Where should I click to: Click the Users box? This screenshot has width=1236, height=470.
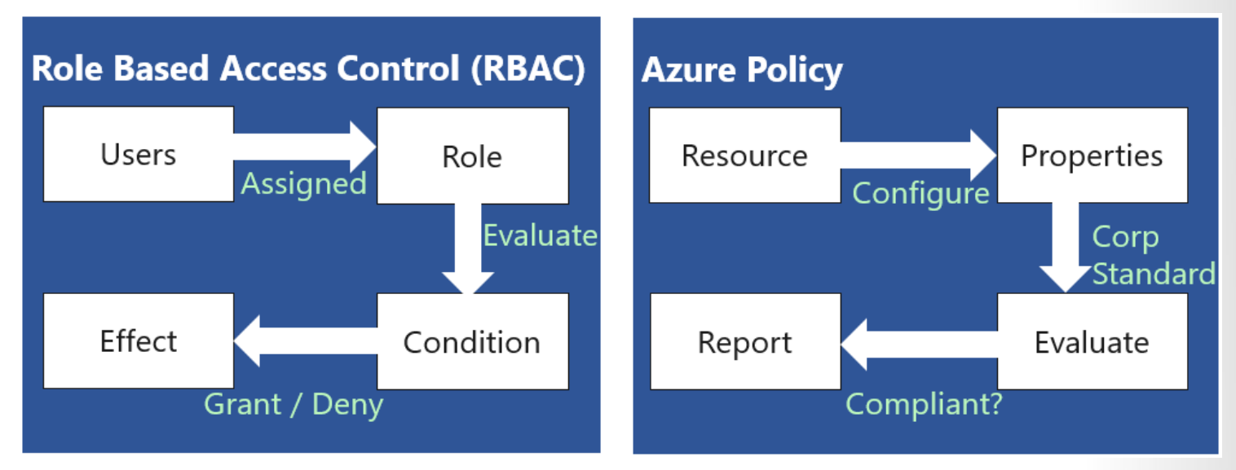[138, 155]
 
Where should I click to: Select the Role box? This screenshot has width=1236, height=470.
[472, 156]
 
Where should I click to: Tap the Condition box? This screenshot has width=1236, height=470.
[472, 341]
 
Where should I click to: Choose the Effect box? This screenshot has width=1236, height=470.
[138, 340]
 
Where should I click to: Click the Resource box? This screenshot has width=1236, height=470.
[744, 155]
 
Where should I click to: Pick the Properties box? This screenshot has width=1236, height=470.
[1092, 155]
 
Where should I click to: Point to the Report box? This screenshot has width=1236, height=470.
[744, 342]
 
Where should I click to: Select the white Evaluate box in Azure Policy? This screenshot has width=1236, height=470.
[1092, 342]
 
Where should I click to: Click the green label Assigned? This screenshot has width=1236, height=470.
[303, 184]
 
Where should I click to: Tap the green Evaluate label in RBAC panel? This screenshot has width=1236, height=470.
[540, 235]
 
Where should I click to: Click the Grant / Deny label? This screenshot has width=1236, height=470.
[294, 404]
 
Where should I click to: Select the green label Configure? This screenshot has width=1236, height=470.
[920, 194]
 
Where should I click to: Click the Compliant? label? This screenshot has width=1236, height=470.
[924, 403]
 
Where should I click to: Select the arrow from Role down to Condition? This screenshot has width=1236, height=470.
[468, 248]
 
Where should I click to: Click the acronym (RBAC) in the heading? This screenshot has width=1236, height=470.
[528, 69]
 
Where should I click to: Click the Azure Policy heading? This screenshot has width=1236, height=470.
[742, 71]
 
